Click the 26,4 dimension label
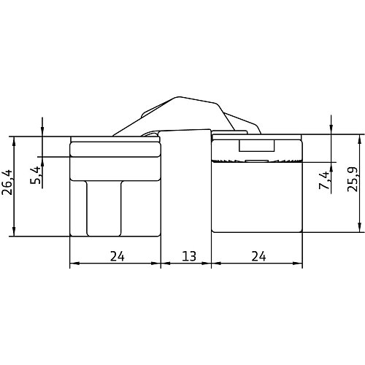point(7,182)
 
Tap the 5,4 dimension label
point(35,175)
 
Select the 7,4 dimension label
point(324,180)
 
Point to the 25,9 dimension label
point(353,180)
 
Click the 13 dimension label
point(189,256)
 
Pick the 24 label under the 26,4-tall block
point(118,256)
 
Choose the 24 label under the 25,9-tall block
point(258,256)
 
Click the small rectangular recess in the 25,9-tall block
point(257,145)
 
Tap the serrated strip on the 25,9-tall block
point(257,161)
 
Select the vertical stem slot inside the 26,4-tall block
point(104,209)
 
